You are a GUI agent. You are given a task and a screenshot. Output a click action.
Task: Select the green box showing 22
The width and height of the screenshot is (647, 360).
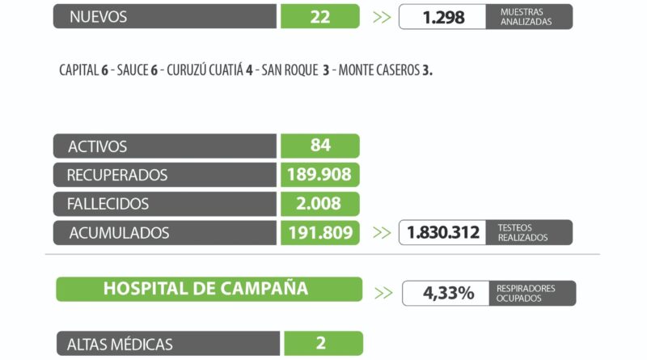click(319, 16)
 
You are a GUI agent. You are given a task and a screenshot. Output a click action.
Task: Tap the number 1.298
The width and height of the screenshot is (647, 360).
click(443, 16)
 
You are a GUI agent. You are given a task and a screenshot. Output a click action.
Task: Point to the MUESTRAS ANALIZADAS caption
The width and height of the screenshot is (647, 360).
click(526, 16)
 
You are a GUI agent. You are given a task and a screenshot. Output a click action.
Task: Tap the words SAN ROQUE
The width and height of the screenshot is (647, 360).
click(290, 70)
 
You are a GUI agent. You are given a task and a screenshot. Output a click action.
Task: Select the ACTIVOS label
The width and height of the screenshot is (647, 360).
click(98, 146)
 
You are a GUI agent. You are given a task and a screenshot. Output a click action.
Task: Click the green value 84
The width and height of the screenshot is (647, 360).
click(319, 146)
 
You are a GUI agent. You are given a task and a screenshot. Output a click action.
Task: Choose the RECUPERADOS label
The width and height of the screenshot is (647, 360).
click(117, 175)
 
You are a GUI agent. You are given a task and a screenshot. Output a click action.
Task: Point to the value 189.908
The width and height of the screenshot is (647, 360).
click(319, 175)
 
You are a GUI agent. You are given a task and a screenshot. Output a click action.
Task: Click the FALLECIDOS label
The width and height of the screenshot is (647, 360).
click(108, 204)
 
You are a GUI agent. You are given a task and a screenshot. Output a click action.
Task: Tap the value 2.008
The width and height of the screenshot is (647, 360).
click(319, 204)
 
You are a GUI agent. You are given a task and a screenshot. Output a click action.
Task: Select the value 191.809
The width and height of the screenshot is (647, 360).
click(319, 233)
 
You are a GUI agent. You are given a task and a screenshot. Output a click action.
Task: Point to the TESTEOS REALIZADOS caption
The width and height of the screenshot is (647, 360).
click(522, 233)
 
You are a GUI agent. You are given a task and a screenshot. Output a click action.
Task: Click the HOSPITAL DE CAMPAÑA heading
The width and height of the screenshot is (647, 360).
click(205, 289)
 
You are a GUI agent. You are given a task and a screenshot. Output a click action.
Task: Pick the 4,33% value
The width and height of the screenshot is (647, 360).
click(448, 293)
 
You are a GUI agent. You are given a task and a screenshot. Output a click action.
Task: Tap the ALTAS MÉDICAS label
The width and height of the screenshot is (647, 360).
click(121, 344)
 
